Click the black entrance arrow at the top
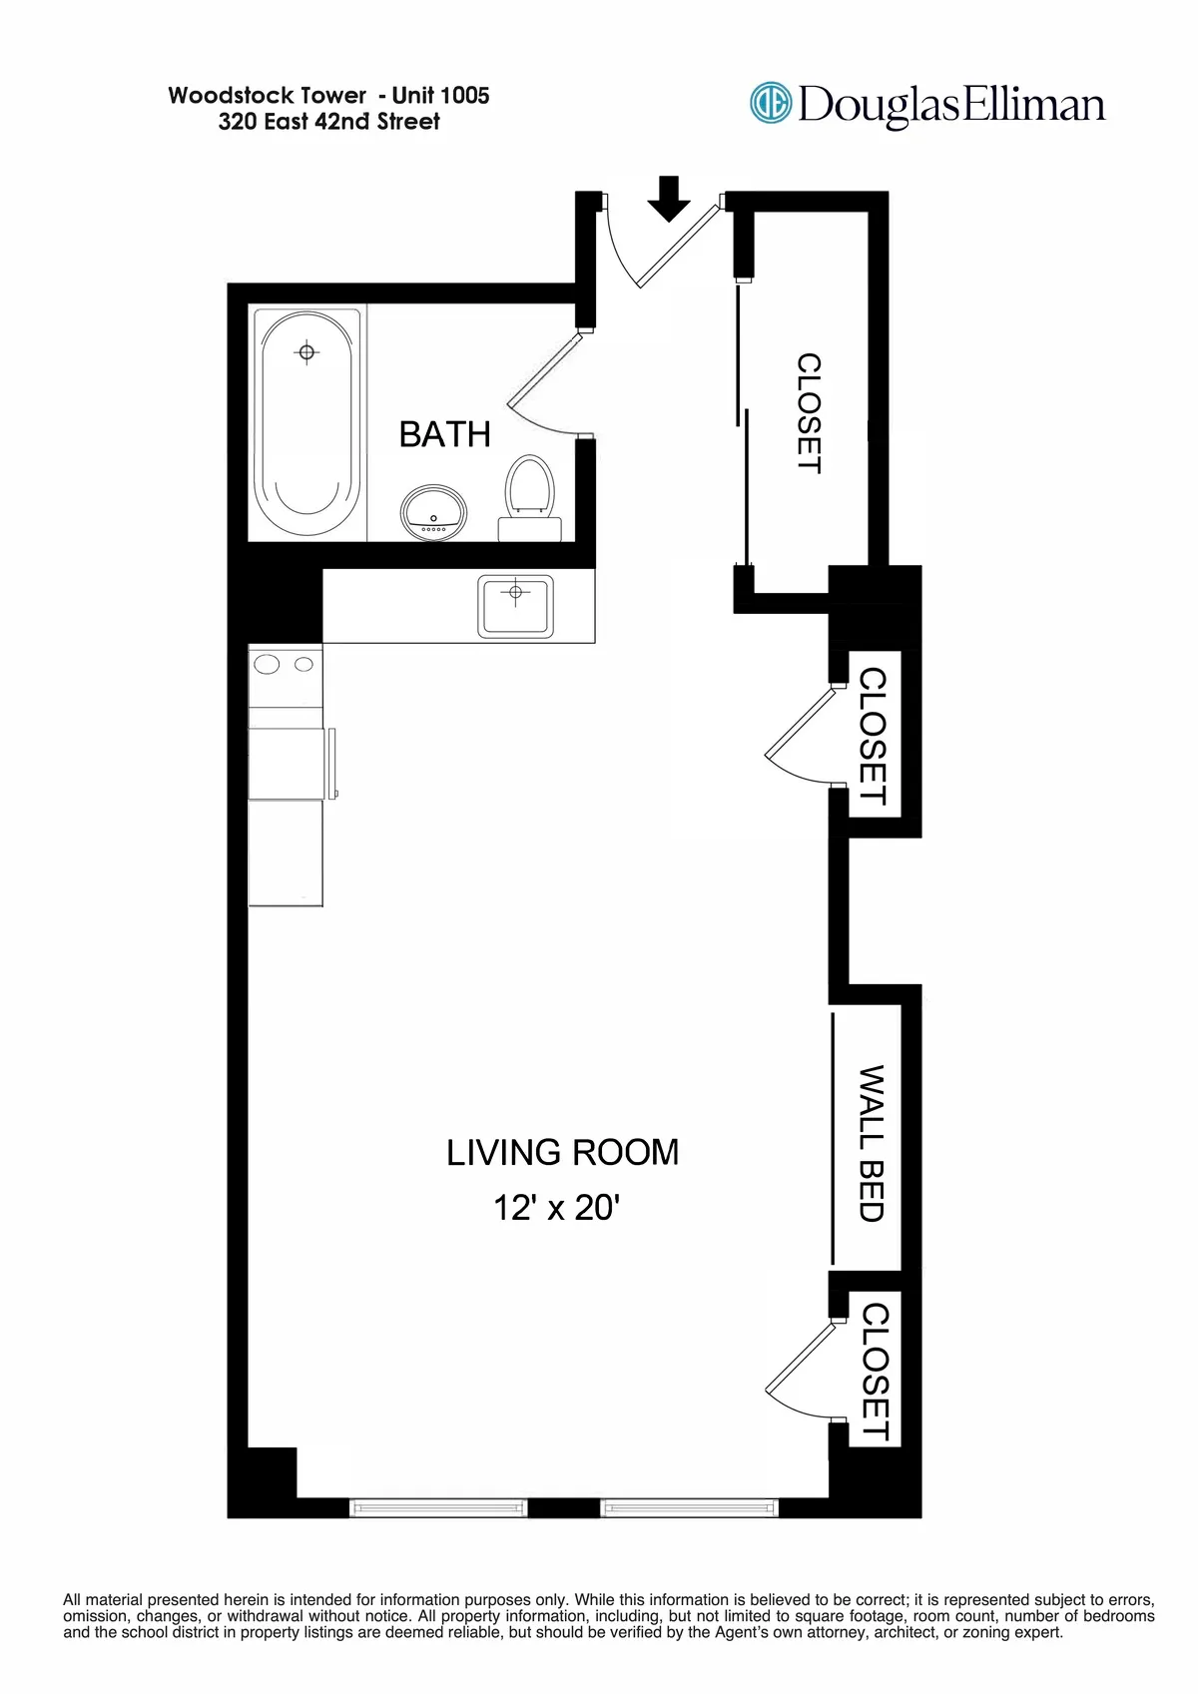point(668,199)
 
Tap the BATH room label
point(444,434)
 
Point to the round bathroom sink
point(433,512)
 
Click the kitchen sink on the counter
point(515,605)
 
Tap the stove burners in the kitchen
point(286,664)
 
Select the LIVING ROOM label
point(562,1152)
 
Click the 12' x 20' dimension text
point(556,1208)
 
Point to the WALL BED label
point(872,1143)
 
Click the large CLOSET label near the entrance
point(809,413)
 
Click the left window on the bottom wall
point(438,1507)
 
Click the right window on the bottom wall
point(689,1507)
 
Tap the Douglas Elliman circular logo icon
point(770,103)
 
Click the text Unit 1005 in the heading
point(440,96)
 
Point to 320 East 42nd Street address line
point(328,122)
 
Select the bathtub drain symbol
point(306,352)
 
